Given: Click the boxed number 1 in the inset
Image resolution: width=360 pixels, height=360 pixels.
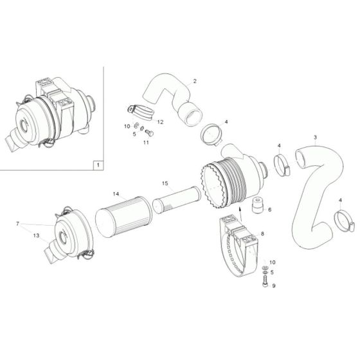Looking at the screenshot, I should coord(97,165).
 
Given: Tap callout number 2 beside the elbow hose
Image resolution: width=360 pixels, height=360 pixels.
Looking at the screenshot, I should coord(195,81).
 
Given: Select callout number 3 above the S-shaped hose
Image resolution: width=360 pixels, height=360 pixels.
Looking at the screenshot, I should coord(315,138).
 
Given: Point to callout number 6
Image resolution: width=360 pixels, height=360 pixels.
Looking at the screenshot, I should coord(269,209).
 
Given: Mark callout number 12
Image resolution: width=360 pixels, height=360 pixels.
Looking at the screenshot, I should coord(160,122).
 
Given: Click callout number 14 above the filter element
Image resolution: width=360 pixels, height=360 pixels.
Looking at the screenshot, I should coord(116,194).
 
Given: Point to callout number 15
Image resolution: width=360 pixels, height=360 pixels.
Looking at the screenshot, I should coord(165,184).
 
